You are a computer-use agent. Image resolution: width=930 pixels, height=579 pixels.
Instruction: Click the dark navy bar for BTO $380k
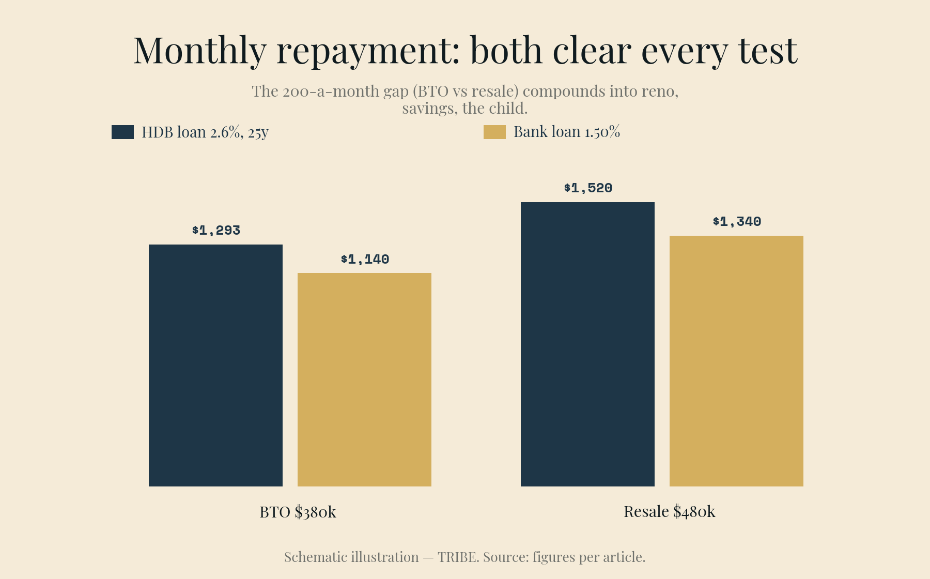pyautogui.click(x=215, y=365)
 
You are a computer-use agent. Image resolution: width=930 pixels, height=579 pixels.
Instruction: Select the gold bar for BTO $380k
pyautogui.click(x=364, y=379)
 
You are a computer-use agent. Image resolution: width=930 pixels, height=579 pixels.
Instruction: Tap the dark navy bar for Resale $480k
pyautogui.click(x=587, y=344)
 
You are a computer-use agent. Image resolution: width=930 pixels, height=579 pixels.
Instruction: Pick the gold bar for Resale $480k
pyautogui.click(x=736, y=361)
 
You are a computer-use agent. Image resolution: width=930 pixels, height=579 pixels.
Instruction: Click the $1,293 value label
pyautogui.click(x=216, y=231)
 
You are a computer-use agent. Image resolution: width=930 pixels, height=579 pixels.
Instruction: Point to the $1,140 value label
pyautogui.click(x=365, y=259)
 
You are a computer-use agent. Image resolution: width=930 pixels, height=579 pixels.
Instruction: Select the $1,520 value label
pyautogui.click(x=588, y=188)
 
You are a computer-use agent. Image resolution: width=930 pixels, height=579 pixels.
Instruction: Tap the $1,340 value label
pyautogui.click(x=737, y=222)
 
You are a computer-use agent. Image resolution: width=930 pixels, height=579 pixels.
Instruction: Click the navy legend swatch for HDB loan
pyautogui.click(x=122, y=132)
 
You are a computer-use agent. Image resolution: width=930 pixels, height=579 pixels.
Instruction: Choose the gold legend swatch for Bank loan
pyautogui.click(x=494, y=132)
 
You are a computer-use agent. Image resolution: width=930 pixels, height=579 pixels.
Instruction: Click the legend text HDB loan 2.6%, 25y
pyautogui.click(x=205, y=132)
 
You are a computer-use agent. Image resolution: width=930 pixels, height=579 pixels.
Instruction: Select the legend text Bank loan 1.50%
pyautogui.click(x=567, y=132)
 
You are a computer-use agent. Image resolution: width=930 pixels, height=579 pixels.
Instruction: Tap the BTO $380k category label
pyautogui.click(x=298, y=512)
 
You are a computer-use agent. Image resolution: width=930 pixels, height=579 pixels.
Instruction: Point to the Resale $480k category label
pyautogui.click(x=670, y=512)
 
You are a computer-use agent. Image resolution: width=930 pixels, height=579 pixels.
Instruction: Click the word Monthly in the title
pyautogui.click(x=200, y=51)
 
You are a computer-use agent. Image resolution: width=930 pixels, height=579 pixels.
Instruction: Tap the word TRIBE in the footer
pyautogui.click(x=457, y=557)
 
